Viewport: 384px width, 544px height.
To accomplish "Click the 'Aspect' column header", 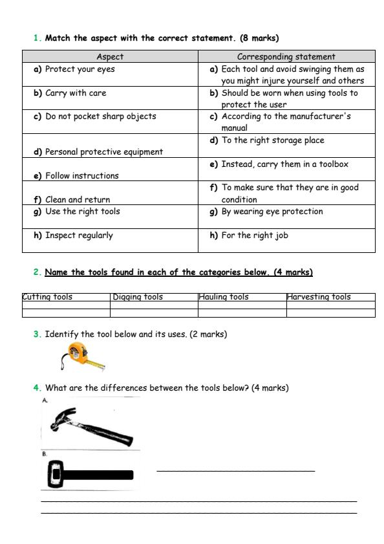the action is (x=109, y=57).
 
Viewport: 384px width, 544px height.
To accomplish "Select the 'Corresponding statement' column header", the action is (x=286, y=57).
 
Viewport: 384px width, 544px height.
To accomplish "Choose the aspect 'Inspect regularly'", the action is (x=73, y=235).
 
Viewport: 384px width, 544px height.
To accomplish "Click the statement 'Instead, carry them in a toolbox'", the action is (x=284, y=164).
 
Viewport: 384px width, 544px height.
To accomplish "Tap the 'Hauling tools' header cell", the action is (x=223, y=297).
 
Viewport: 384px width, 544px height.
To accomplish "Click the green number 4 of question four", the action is (x=36, y=388).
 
